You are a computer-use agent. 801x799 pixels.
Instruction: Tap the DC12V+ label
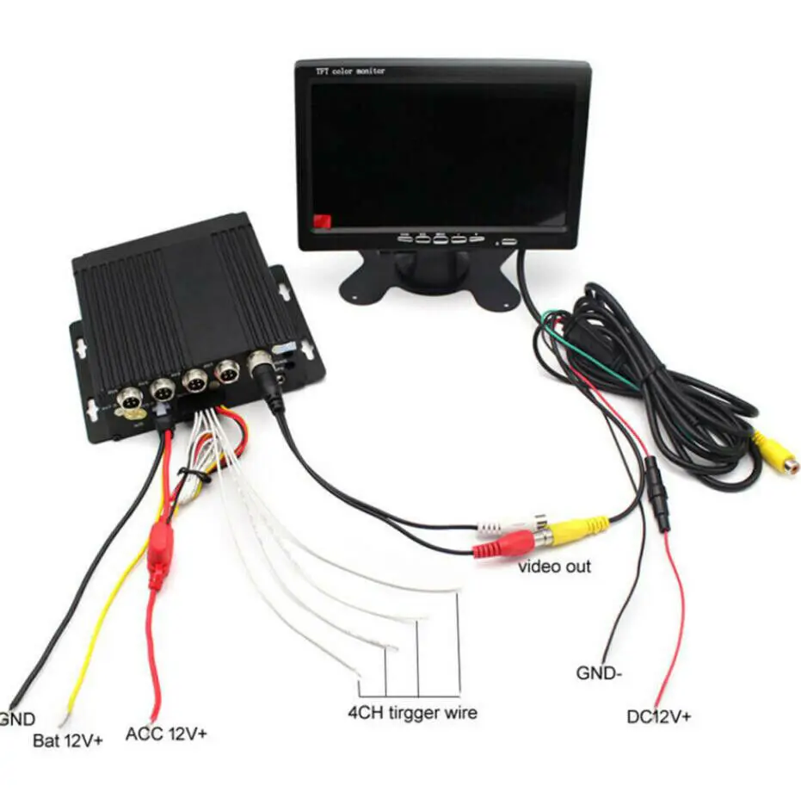pyautogui.click(x=658, y=716)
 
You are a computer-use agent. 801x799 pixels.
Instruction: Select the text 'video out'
pyautogui.click(x=554, y=567)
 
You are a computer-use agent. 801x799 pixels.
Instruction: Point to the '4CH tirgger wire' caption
pyautogui.click(x=412, y=712)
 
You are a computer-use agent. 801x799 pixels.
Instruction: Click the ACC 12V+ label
pyautogui.click(x=166, y=734)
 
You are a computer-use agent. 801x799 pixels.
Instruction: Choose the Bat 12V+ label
pyautogui.click(x=67, y=740)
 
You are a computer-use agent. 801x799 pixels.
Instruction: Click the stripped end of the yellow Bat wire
pyautogui.click(x=63, y=716)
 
